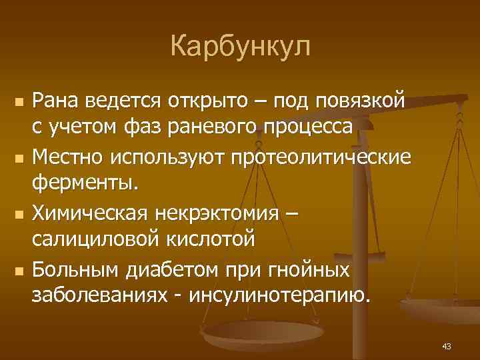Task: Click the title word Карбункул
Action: (240, 47)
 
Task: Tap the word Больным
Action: (72, 271)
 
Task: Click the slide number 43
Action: (447, 345)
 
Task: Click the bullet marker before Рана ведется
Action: (18, 102)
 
